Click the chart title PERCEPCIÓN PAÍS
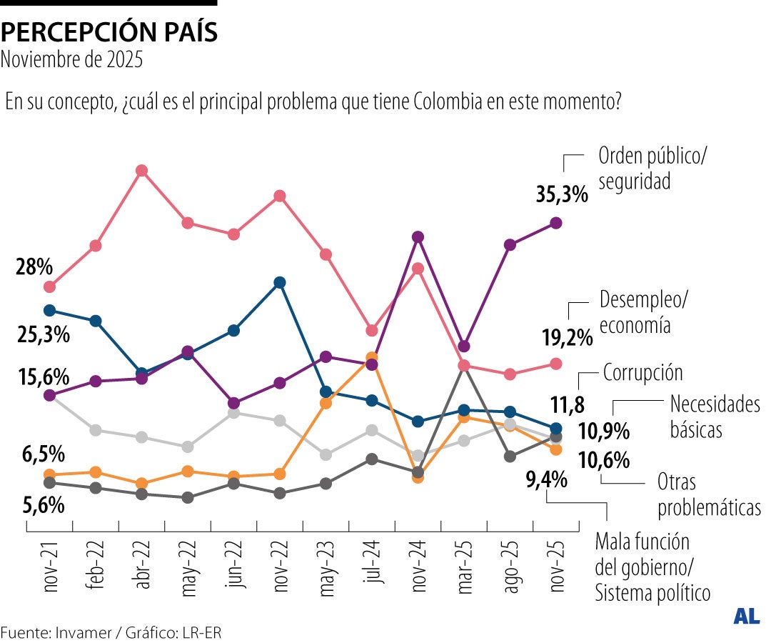coord(109,32)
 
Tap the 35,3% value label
coord(562,194)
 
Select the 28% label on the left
coord(34,268)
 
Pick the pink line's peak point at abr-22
coord(141,171)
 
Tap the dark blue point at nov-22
coord(280,282)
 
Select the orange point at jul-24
coord(371,357)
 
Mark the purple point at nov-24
coord(418,236)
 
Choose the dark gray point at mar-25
coord(464,366)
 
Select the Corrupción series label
coord(642,372)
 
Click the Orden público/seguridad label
coord(652,168)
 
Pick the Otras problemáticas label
coord(708,494)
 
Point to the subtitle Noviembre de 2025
coord(71,59)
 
